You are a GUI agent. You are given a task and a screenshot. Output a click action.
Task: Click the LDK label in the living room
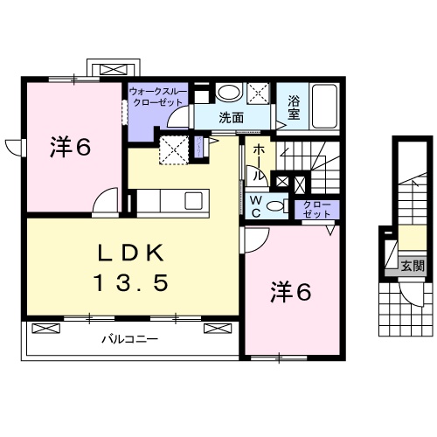pyautogui.click(x=132, y=254)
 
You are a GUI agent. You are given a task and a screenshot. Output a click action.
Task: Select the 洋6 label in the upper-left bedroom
pyautogui.click(x=70, y=148)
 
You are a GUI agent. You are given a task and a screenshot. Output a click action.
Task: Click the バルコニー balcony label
pyautogui.click(x=128, y=338)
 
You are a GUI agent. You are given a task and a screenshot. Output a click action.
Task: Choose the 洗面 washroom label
pyautogui.click(x=231, y=116)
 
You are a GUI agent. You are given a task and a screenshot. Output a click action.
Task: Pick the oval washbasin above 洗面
pyautogui.click(x=229, y=94)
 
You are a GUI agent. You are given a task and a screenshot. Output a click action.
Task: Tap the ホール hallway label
pyautogui.click(x=260, y=163)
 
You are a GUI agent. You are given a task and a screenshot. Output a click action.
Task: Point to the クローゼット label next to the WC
pyautogui.click(x=312, y=208)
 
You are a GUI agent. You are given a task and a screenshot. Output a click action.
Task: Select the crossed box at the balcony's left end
pyautogui.click(x=45, y=329)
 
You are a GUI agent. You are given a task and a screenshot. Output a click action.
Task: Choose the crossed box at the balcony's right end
pyautogui.click(x=216, y=329)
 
